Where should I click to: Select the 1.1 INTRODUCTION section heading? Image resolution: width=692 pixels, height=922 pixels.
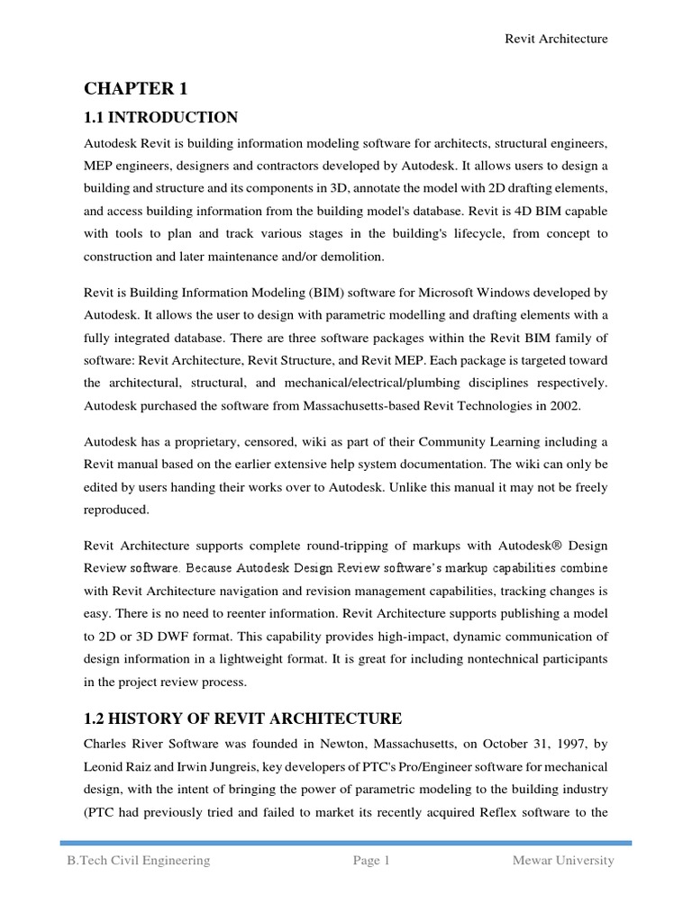point(161,118)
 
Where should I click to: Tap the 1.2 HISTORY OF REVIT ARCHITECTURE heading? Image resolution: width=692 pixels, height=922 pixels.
point(242,718)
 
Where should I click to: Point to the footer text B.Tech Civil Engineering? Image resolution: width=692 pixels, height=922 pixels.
point(139,861)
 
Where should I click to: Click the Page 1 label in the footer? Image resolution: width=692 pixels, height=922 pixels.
point(371,861)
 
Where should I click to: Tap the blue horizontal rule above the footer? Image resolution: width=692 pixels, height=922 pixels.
point(346,843)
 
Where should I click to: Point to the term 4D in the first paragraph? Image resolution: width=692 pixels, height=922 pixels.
point(507,210)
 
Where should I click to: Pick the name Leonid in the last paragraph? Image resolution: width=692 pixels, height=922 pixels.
point(106,766)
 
